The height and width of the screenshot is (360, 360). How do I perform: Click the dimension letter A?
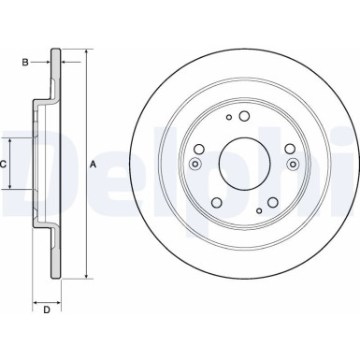(94, 165)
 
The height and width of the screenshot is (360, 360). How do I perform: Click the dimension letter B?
(25, 64)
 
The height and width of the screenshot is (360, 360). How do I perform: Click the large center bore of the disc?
(243, 165)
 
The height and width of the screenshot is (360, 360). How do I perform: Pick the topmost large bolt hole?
(242, 117)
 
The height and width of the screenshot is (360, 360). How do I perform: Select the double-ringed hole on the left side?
(194, 166)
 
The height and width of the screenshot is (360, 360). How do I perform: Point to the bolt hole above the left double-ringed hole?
(200, 148)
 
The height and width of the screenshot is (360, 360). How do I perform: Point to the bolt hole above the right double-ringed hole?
(285, 148)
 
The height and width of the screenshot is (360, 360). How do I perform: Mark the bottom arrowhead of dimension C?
(13, 188)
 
